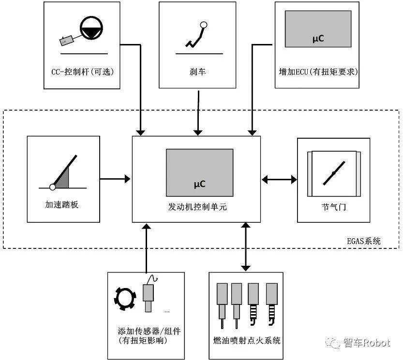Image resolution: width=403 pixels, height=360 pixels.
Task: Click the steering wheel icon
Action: point(90,28)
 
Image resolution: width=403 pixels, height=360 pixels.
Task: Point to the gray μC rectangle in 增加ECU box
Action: point(318,29)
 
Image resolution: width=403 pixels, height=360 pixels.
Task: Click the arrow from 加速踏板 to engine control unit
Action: point(116,179)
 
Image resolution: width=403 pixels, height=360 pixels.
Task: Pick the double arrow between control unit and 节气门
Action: point(279,179)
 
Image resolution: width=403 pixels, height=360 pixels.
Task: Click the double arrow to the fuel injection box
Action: point(246,246)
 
